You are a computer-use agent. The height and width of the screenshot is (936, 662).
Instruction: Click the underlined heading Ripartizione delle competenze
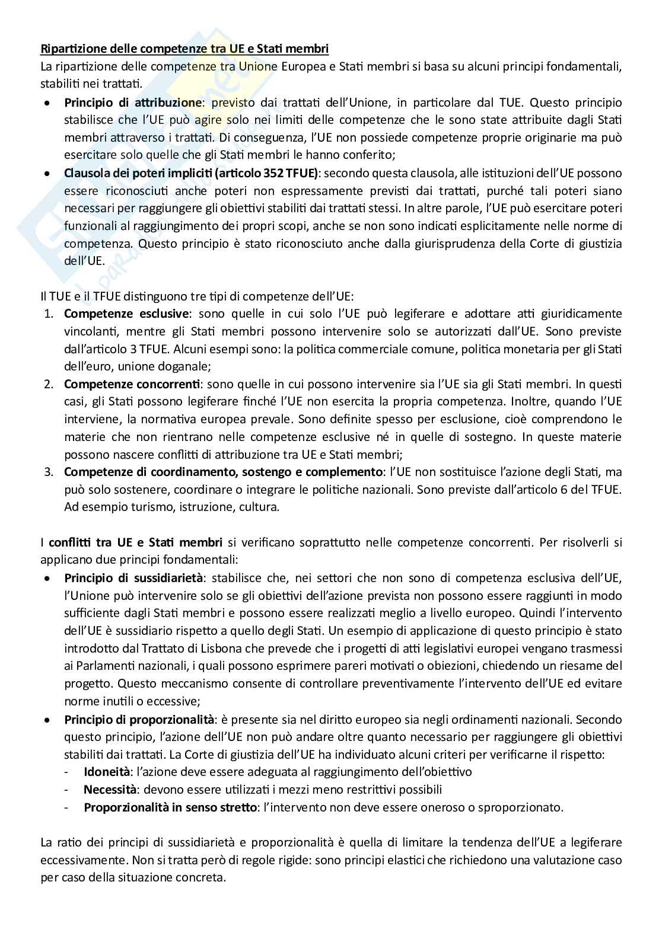click(184, 49)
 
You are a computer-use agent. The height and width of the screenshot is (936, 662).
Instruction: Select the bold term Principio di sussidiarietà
click(133, 577)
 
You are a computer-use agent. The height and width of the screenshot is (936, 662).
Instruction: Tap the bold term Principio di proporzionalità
click(139, 720)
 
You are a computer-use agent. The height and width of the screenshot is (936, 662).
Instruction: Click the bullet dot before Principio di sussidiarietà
click(47, 577)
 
